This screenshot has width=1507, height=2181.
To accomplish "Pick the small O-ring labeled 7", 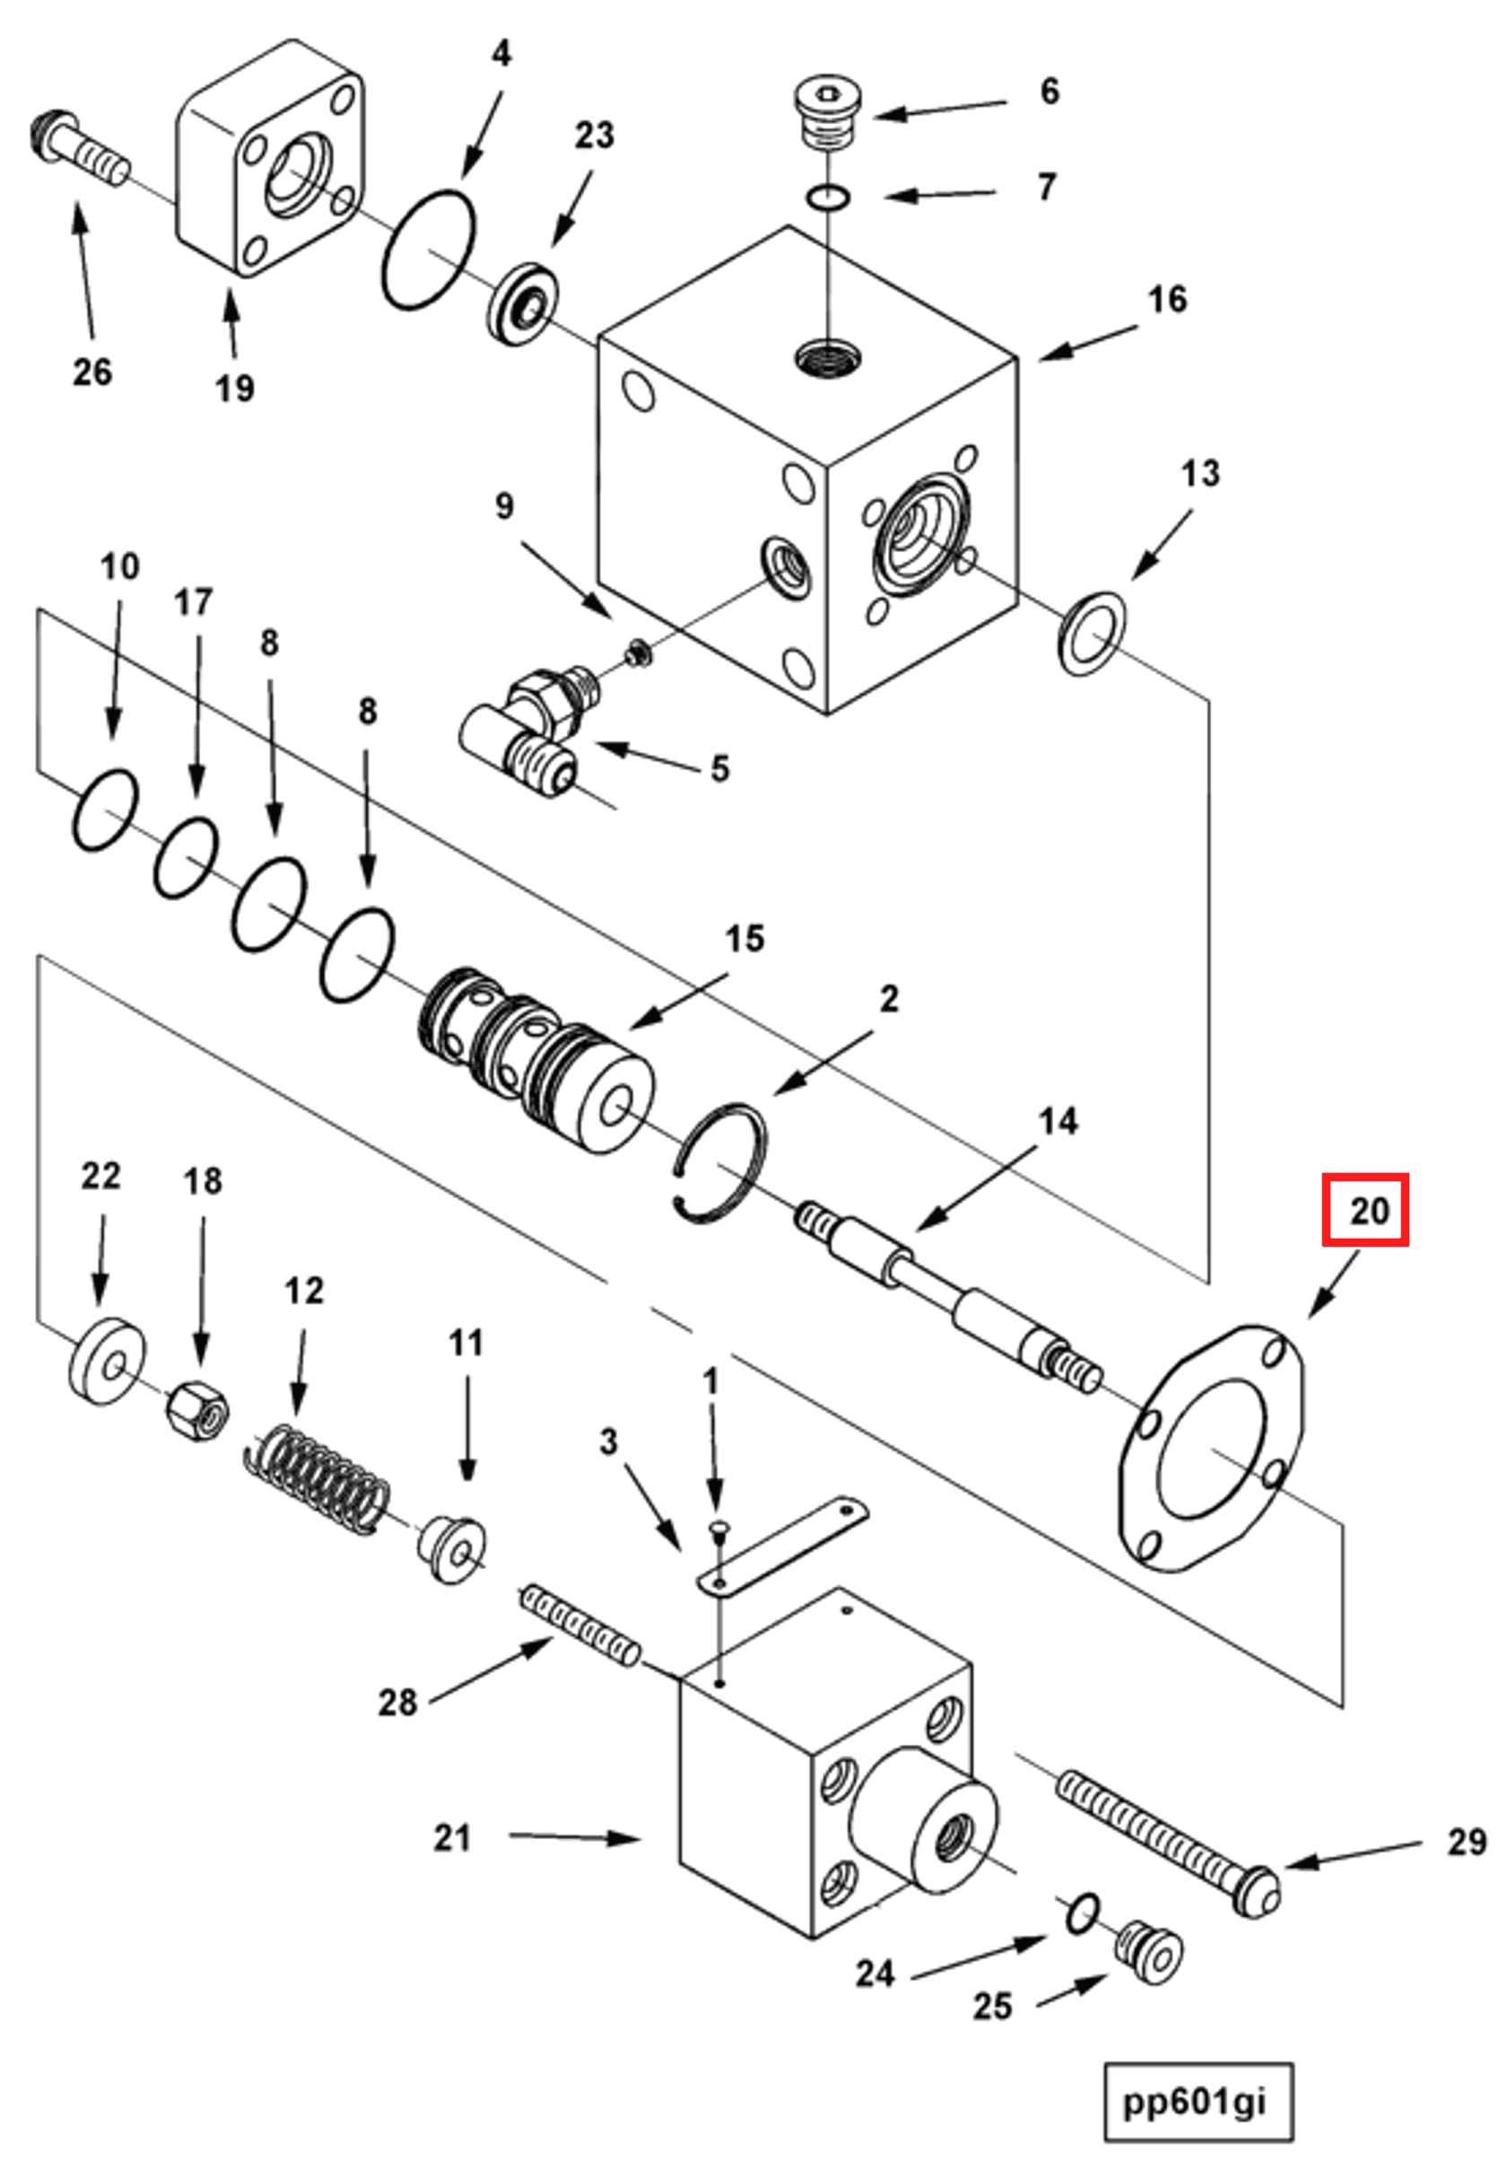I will tap(828, 197).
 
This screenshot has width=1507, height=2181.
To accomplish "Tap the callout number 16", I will tap(1166, 301).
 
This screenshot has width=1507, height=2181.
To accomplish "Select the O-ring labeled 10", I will tap(105, 811).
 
